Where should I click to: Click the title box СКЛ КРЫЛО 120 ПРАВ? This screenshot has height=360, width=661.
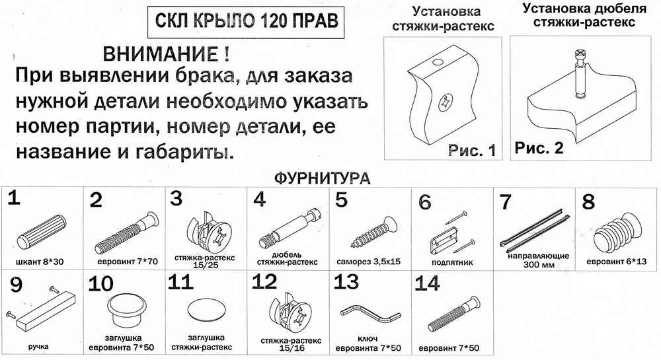click(246, 22)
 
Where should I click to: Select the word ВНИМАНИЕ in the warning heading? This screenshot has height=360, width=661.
click(161, 55)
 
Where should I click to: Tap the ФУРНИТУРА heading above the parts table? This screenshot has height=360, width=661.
click(322, 178)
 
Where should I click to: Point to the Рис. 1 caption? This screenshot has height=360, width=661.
click(472, 151)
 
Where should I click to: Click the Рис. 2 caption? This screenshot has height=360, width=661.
click(539, 148)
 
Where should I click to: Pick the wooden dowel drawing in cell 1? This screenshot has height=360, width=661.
click(42, 232)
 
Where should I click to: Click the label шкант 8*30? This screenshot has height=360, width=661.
click(40, 262)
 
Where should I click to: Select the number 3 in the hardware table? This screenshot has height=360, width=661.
click(176, 198)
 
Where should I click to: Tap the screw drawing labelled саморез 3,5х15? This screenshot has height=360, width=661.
click(373, 233)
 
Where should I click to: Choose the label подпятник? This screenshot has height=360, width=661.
click(452, 262)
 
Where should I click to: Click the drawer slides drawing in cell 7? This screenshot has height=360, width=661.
click(535, 227)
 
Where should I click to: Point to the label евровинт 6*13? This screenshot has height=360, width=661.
click(616, 262)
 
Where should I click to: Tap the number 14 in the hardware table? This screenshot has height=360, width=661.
click(427, 283)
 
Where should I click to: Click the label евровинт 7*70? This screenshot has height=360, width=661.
click(128, 262)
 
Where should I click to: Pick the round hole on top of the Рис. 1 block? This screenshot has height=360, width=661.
click(438, 62)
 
